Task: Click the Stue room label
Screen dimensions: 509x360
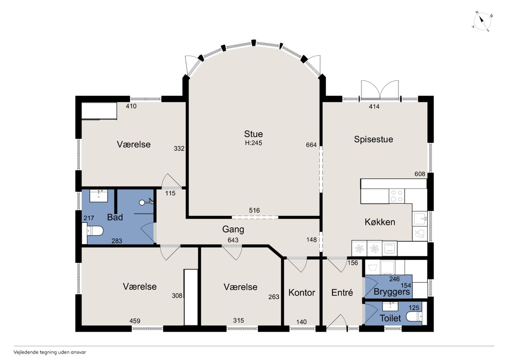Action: (x=253, y=134)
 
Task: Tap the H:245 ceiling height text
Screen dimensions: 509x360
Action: (x=253, y=143)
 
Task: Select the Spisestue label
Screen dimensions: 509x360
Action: (x=373, y=139)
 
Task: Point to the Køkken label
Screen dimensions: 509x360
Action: (x=380, y=222)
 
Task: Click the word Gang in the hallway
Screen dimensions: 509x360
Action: (x=233, y=229)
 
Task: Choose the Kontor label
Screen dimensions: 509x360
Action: (x=302, y=293)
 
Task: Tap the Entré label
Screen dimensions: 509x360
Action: (x=342, y=292)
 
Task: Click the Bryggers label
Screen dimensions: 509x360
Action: (x=392, y=292)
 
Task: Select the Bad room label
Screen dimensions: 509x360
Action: (x=115, y=217)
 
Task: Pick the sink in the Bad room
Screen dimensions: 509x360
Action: (x=99, y=196)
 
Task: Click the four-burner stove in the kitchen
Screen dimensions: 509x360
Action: (x=397, y=196)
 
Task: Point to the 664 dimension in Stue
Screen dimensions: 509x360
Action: (x=311, y=145)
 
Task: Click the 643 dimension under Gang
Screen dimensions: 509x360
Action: (x=233, y=240)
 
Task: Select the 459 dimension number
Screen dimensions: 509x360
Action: (x=135, y=321)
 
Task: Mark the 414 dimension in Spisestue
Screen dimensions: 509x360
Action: (x=374, y=107)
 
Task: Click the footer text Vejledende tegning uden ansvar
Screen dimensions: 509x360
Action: (x=50, y=352)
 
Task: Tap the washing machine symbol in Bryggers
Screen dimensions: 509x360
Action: (x=373, y=267)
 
